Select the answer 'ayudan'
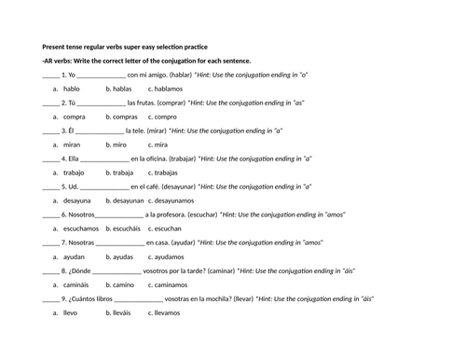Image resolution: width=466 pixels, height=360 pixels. coord(75,256)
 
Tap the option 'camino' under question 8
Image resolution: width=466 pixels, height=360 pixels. coord(121,284)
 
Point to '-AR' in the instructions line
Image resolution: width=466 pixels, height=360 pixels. coord(48,61)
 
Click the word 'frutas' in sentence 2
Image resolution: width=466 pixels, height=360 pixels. coord(150,103)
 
